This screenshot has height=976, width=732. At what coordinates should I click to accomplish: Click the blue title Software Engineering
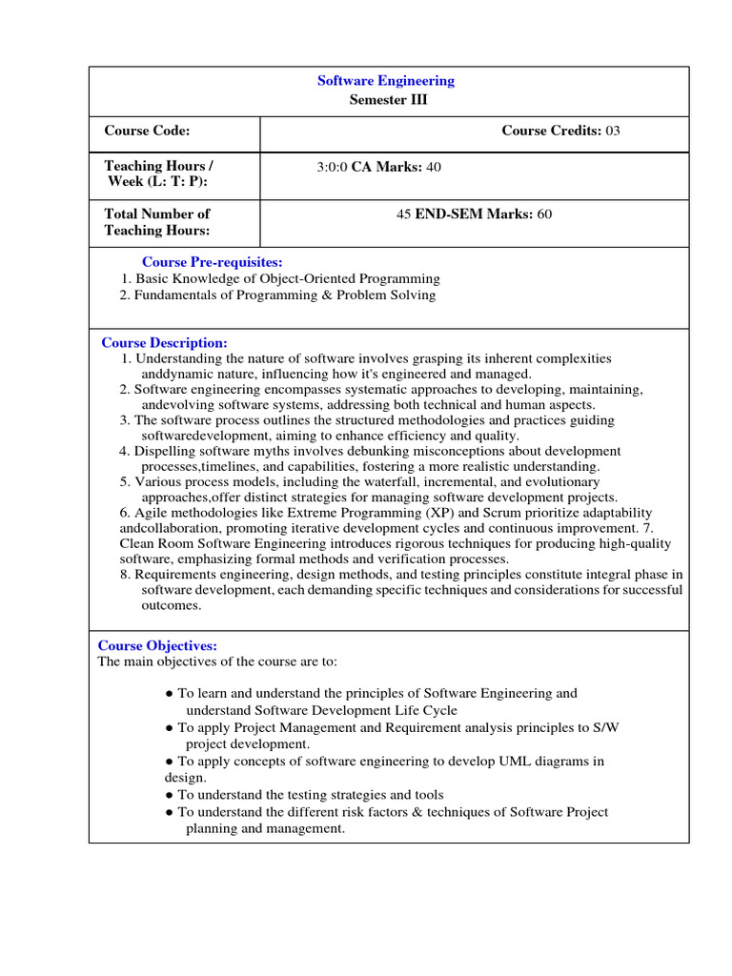[x=386, y=81]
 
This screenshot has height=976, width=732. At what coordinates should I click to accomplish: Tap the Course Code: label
[x=147, y=131]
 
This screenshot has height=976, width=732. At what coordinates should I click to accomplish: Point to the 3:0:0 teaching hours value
[x=333, y=167]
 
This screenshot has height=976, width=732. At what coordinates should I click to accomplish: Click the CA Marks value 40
[x=434, y=167]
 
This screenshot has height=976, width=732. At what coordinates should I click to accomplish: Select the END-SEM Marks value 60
[x=544, y=214]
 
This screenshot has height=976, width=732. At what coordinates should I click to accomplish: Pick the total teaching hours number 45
[x=403, y=214]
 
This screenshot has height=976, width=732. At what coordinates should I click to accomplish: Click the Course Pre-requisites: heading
[x=212, y=262]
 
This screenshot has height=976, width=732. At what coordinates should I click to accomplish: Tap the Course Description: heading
[x=164, y=343]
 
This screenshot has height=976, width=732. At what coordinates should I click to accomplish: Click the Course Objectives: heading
[x=158, y=646]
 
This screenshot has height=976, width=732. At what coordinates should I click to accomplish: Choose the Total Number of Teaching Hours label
[x=157, y=222]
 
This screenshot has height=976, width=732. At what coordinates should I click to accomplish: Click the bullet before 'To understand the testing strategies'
[x=170, y=795]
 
